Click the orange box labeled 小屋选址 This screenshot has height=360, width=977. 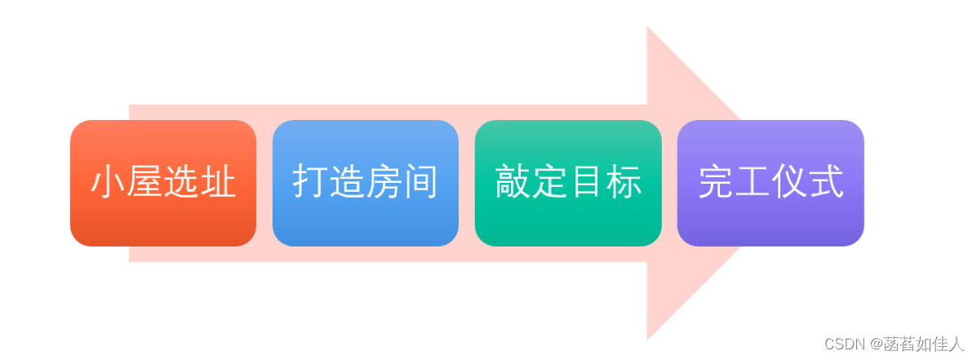pos(163,183)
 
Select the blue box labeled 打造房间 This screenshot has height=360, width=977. pos(365,183)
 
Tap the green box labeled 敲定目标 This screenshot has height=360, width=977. pos(567,183)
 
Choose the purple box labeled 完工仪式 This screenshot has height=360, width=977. pos(770,183)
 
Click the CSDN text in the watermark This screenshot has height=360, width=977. pos(842,344)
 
